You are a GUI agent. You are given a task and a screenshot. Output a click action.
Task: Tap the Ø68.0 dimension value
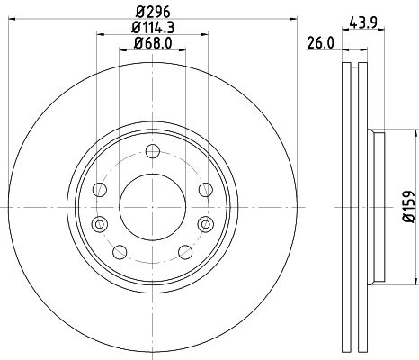click(151, 44)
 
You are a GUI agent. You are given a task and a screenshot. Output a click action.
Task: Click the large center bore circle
click(151, 206)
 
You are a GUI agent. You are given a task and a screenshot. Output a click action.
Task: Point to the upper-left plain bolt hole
click(101, 190)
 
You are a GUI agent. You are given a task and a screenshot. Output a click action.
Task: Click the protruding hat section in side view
click(376, 206)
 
